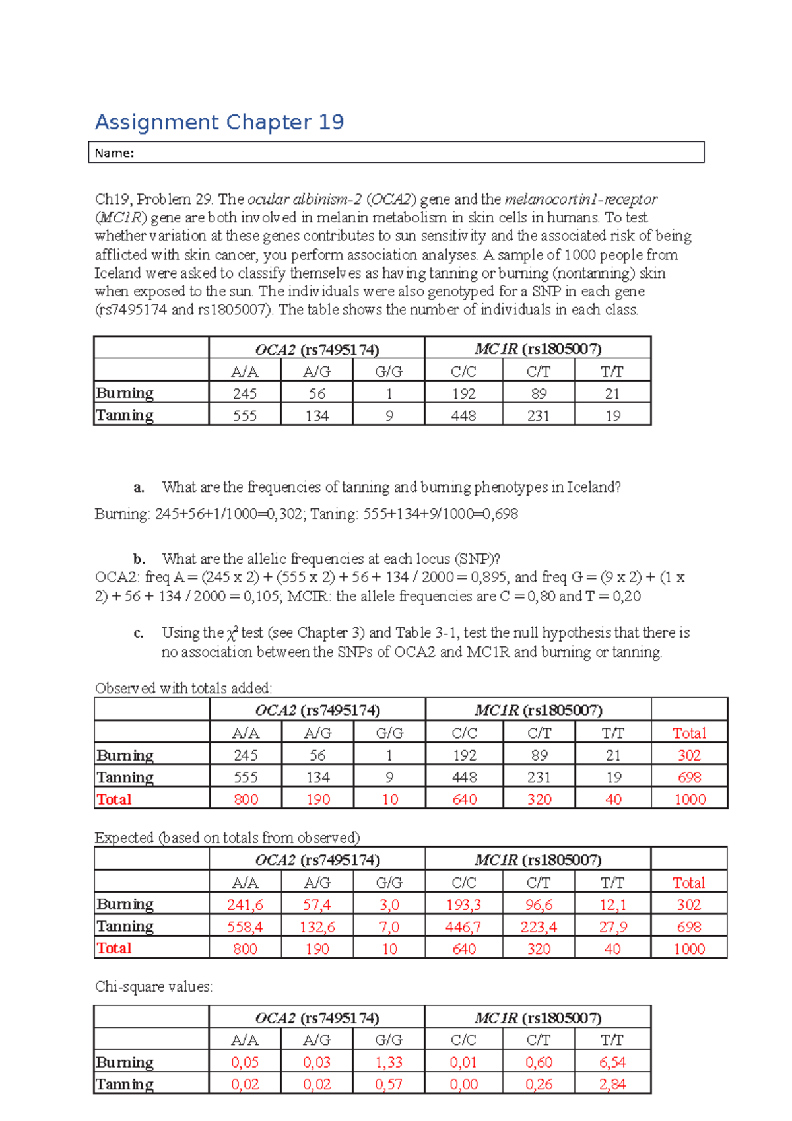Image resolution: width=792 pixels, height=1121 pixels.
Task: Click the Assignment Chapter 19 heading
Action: [x=219, y=122]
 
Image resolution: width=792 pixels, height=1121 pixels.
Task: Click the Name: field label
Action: [x=114, y=153]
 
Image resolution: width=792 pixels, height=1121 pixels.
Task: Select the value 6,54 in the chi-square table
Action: [x=612, y=1062]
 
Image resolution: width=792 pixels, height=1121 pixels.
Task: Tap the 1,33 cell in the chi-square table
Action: [x=389, y=1062]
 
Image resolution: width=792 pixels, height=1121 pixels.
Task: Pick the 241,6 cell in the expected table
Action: [x=245, y=905]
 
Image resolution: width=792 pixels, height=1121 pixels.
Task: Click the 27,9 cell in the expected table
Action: [x=612, y=927]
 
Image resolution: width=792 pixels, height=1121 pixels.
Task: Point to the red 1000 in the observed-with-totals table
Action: [x=690, y=799]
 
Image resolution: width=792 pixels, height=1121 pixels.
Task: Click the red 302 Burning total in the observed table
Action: [x=689, y=755]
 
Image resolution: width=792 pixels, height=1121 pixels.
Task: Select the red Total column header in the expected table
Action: [x=688, y=883]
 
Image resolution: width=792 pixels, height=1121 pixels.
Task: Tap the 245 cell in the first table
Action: [x=244, y=394]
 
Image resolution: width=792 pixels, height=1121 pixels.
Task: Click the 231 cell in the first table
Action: [x=538, y=416]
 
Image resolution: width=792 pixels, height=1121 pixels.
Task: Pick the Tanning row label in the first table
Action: [x=125, y=415]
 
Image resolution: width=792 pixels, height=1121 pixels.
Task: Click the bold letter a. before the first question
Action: [x=139, y=487]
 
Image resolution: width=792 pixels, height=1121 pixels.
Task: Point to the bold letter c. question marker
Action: [x=139, y=633]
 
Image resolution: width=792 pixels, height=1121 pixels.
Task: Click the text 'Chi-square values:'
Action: [x=154, y=986]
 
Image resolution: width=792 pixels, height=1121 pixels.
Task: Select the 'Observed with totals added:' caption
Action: [x=183, y=688]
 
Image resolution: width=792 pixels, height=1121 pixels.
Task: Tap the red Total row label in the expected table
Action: [x=114, y=949]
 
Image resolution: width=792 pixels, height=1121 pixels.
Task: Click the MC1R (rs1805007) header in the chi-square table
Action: [x=537, y=1018]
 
